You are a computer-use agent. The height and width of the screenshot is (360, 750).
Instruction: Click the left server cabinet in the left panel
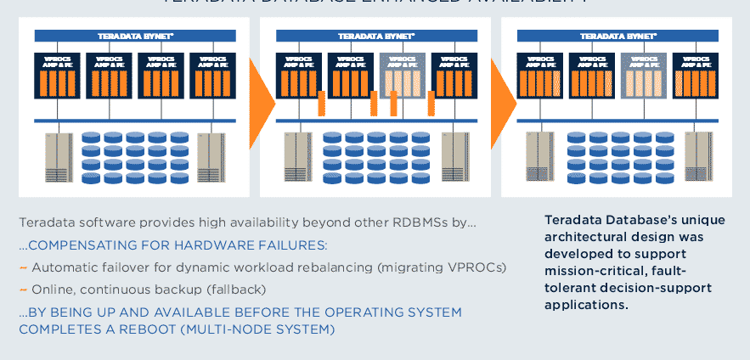59,158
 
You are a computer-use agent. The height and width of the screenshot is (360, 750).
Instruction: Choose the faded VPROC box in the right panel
643,75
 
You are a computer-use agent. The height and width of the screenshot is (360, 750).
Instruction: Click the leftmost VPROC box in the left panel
56,75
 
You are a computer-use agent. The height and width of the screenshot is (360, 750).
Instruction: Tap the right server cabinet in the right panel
696,158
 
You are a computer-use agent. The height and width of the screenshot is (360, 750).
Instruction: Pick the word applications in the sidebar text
587,305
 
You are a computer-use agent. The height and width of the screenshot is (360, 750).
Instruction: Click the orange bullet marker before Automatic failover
23,267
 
